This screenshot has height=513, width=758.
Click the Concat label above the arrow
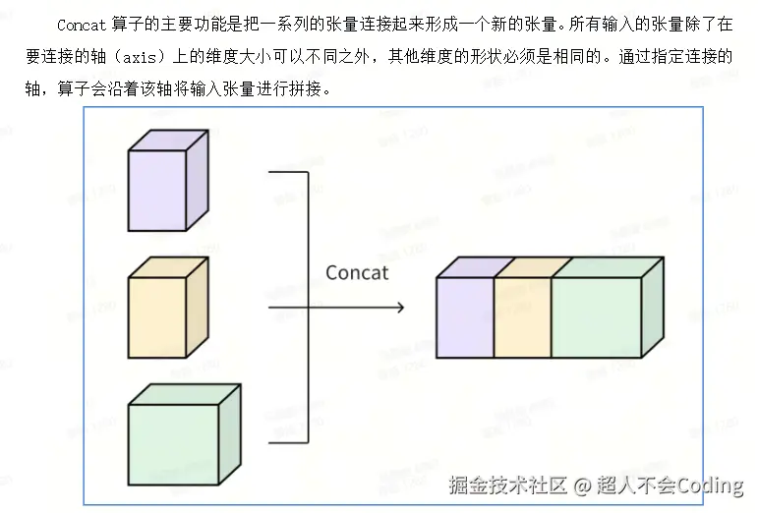point(357,272)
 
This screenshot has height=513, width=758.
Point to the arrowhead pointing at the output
point(399,308)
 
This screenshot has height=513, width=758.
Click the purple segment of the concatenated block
point(465,316)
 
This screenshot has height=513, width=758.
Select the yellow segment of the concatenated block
point(522,316)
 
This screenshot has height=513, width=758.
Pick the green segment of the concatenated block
point(596,316)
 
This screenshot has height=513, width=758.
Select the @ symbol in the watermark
point(582,485)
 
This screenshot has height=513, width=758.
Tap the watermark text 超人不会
point(633,485)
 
